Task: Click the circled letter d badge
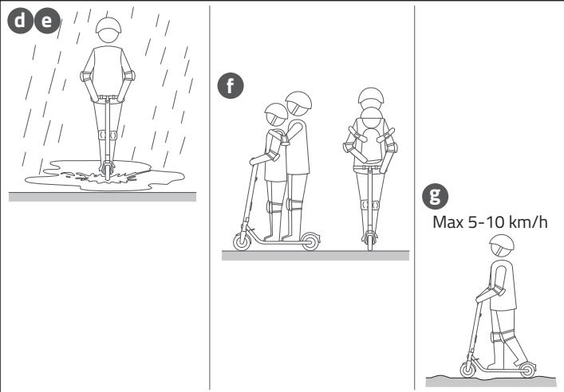[x=20, y=21]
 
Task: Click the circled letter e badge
[x=47, y=21]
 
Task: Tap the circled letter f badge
[x=231, y=85]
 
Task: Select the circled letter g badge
[x=436, y=196]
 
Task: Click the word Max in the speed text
[x=448, y=222]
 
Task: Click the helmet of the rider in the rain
[x=108, y=25]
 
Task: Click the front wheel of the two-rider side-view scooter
[x=242, y=241]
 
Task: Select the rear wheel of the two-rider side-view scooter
[x=310, y=241]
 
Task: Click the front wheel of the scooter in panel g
[x=468, y=370]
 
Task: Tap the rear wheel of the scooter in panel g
[x=527, y=370]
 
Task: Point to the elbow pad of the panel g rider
[x=499, y=290]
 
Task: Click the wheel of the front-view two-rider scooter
[x=370, y=241]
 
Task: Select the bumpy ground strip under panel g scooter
[x=491, y=382]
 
